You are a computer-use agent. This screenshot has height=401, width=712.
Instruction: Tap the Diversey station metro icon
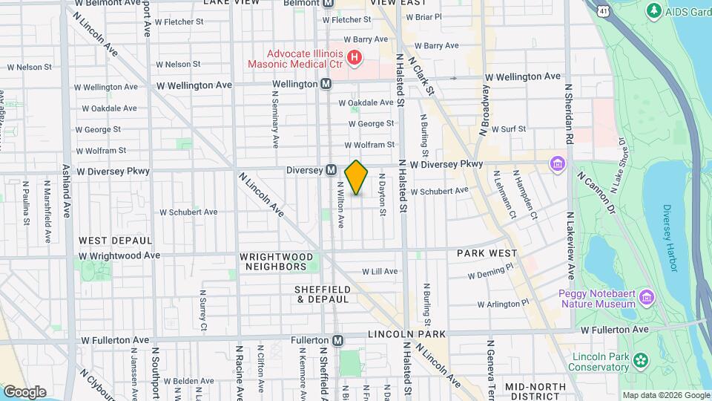coord(332,170)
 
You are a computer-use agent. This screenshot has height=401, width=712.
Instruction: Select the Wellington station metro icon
coord(326,84)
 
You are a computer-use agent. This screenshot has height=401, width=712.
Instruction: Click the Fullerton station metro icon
coord(338,340)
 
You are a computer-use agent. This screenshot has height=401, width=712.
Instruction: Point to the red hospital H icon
coord(355,57)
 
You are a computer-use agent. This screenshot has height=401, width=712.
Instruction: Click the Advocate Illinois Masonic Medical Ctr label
coord(306,59)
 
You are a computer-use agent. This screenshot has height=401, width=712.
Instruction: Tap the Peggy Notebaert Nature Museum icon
coord(647,298)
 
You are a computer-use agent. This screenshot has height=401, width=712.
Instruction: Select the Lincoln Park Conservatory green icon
coord(639,362)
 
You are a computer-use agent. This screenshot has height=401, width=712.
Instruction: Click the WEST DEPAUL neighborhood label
coord(116,241)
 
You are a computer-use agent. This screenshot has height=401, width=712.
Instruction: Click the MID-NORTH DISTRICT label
coord(535,391)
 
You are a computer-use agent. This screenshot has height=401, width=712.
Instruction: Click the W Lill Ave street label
coord(380,271)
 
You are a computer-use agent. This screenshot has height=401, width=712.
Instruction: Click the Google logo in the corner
coord(24,391)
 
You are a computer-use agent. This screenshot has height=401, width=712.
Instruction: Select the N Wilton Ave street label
coord(340,205)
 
